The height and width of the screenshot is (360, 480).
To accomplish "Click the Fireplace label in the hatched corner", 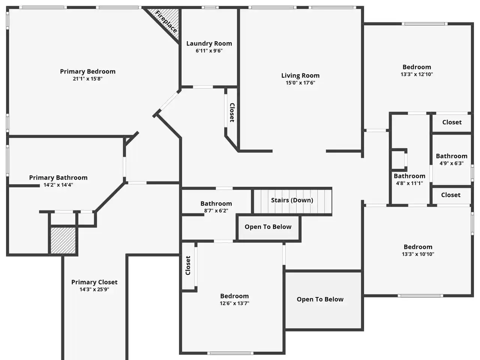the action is tap(166, 22).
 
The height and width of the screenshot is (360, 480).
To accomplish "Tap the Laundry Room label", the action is tap(209, 43).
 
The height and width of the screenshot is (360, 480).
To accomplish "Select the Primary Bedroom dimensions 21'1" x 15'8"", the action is tap(88, 79).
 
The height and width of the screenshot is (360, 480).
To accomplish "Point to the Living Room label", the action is tap(300, 76).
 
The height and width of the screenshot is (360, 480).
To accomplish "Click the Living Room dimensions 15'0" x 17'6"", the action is tap(300, 82).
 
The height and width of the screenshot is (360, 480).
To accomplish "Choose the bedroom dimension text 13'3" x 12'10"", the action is tap(417, 74).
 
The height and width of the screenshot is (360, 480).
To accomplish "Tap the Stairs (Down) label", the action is tap(292, 200).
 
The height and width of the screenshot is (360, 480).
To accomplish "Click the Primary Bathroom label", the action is tap(58, 177).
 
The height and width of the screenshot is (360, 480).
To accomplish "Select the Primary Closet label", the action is tap(94, 282).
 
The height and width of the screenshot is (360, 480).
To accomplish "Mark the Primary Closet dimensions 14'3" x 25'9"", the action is tap(94, 289).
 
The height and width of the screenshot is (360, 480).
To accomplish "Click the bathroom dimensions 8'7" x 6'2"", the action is tap(216, 211).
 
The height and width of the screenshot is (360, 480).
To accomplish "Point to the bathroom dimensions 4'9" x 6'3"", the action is tap(451, 163).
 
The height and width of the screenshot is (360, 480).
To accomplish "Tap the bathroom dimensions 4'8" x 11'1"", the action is tap(409, 183).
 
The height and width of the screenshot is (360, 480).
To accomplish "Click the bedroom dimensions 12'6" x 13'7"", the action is tap(234, 303).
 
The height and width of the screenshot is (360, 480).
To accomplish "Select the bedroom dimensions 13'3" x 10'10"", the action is tap(418, 254).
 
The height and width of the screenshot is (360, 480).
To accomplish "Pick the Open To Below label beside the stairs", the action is tap(268, 227).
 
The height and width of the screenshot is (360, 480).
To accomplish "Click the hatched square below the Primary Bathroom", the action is tap(63, 240).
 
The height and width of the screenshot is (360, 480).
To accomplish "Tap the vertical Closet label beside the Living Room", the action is tap(232, 112).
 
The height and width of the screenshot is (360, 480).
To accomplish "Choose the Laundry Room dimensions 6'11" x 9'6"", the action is tap(209, 51).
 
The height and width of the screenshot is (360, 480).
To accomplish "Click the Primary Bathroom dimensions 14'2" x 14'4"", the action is tap(58, 185).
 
